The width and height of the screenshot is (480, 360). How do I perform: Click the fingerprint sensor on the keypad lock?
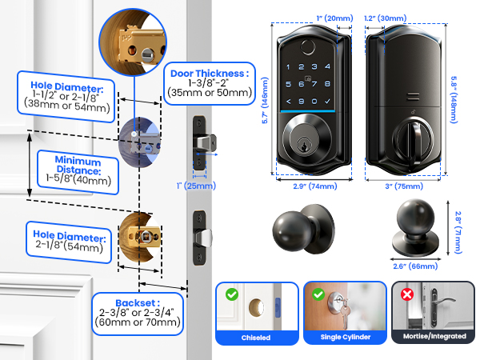coord(308,47)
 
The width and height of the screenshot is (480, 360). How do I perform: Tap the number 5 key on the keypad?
coord(288,84)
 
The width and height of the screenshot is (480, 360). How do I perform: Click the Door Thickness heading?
coord(210,74)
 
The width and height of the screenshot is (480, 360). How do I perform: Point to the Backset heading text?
coord(138,302)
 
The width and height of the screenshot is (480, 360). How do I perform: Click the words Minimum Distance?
coord(78,165)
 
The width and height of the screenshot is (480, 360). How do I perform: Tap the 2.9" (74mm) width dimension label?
coord(315,186)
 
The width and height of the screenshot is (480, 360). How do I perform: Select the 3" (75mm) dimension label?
coord(404,186)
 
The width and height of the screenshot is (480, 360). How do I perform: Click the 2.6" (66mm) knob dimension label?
coord(415,266)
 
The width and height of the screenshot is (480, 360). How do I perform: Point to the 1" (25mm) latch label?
coord(196,186)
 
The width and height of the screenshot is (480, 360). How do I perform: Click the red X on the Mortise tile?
coord(407,294)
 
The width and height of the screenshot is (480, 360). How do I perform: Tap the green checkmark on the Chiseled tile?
coord(232,294)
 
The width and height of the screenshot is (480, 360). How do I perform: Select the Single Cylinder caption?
coord(346,337)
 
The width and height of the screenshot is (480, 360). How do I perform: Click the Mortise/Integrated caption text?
coord(434,336)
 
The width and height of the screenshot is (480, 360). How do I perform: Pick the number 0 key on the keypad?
coord(314,101)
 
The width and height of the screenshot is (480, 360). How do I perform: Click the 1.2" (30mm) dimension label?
coord(385,18)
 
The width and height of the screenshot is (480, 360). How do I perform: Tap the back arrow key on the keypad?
coord(288,102)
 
